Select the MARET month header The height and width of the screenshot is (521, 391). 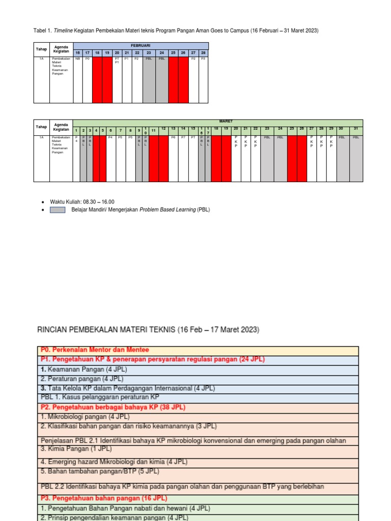click(x=225, y=121)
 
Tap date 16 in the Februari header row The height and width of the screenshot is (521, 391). click(x=78, y=52)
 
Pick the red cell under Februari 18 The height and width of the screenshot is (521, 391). click(x=97, y=79)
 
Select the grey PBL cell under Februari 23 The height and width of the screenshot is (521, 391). click(x=149, y=79)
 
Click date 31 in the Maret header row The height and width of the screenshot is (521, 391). click(x=356, y=129)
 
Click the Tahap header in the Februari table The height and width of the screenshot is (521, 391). click(x=41, y=49)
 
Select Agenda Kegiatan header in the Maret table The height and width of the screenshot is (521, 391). click(x=61, y=127)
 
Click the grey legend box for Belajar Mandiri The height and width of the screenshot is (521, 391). click(x=57, y=209)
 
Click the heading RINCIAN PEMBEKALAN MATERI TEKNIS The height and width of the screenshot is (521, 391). click(x=149, y=330)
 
